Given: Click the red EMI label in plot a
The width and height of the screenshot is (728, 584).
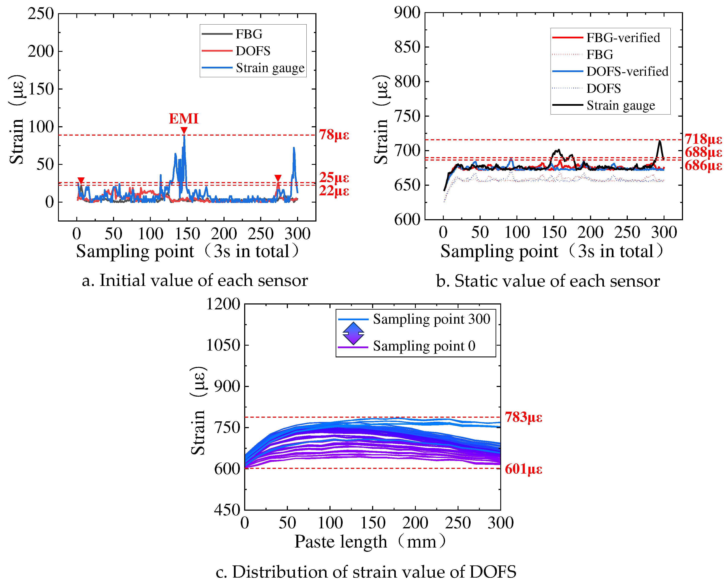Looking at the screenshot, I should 183,119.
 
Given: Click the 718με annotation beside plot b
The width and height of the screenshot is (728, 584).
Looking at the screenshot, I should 703,139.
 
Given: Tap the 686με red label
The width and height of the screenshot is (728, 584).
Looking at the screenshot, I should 703,166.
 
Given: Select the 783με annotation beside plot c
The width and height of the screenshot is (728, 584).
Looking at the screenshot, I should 523,417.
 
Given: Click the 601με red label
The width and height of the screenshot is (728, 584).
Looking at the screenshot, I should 523,469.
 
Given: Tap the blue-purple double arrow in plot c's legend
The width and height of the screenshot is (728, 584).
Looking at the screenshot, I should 353,333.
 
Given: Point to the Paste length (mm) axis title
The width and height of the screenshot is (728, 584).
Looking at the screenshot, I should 370,542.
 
